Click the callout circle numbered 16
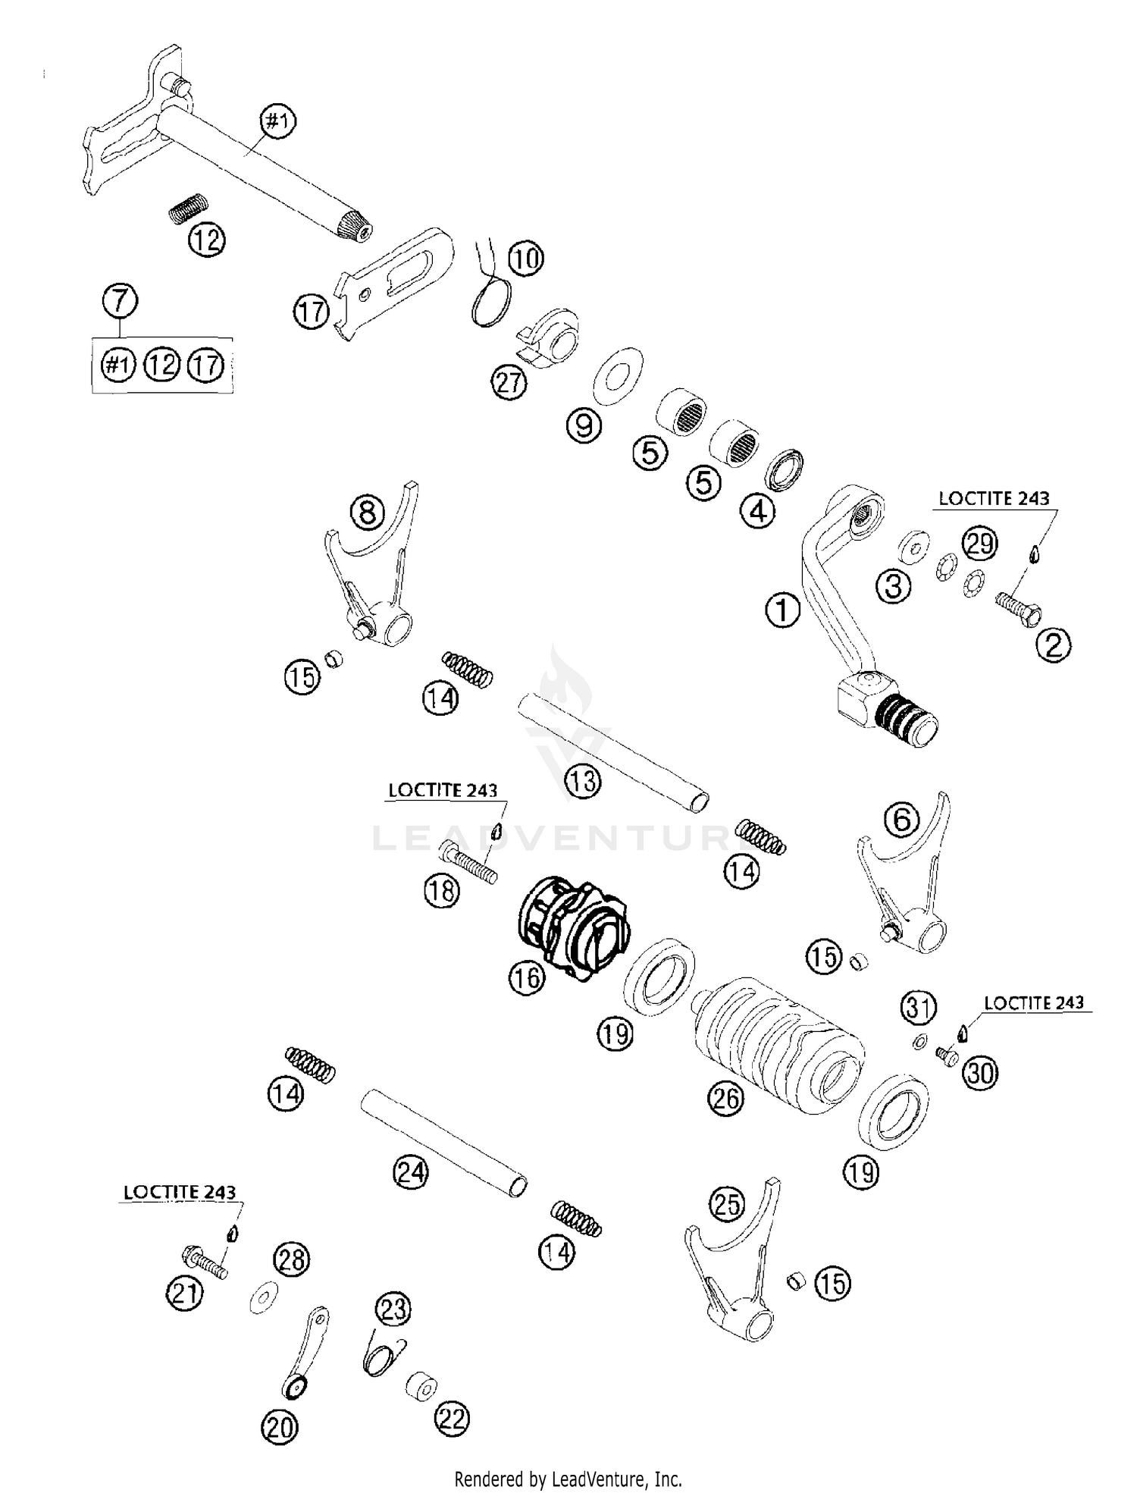pos(527,977)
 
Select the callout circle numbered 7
pos(121,301)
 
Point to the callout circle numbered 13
pos(583,780)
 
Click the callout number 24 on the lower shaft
pos(410,1173)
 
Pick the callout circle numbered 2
pos(1053,645)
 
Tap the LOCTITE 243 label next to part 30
pos(1033,1002)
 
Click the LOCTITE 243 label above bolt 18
pos(443,789)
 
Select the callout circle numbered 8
pos(368,513)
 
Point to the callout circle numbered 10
pos(525,259)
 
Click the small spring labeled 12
pos(189,207)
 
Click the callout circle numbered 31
pos(919,1008)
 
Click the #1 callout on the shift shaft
pos(278,121)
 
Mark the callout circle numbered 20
pos(280,1428)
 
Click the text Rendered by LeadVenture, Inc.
pos(568,1479)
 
